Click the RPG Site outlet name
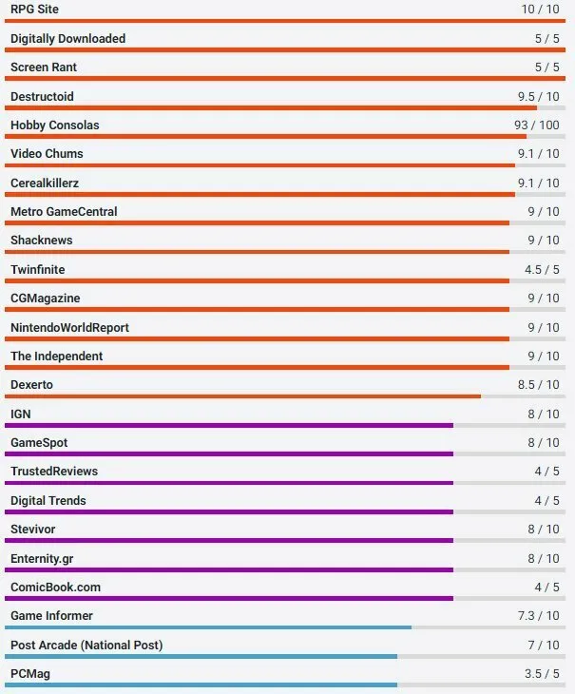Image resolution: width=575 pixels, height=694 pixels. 34,10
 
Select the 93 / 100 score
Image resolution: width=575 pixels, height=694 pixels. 537,125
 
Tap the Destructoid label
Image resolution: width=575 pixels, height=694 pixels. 42,97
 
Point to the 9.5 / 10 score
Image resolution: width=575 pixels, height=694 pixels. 539,97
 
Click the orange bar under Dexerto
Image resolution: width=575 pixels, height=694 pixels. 242,396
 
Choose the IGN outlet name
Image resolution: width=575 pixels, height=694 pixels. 21,414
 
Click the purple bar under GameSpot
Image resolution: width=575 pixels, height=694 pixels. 228,454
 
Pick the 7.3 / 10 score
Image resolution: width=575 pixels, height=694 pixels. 539,616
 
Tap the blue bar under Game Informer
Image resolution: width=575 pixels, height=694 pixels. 207,627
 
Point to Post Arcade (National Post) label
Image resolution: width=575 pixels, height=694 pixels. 86,646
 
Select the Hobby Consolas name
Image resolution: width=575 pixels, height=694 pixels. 55,125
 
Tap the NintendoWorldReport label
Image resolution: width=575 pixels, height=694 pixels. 69,328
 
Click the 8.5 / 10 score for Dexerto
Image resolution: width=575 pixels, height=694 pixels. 539,385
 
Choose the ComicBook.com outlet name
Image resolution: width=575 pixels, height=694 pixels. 55,588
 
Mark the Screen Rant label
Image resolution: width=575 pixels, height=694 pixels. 44,67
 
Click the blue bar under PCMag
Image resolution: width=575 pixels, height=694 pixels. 200,684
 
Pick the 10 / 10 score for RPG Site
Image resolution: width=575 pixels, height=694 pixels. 541,10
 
